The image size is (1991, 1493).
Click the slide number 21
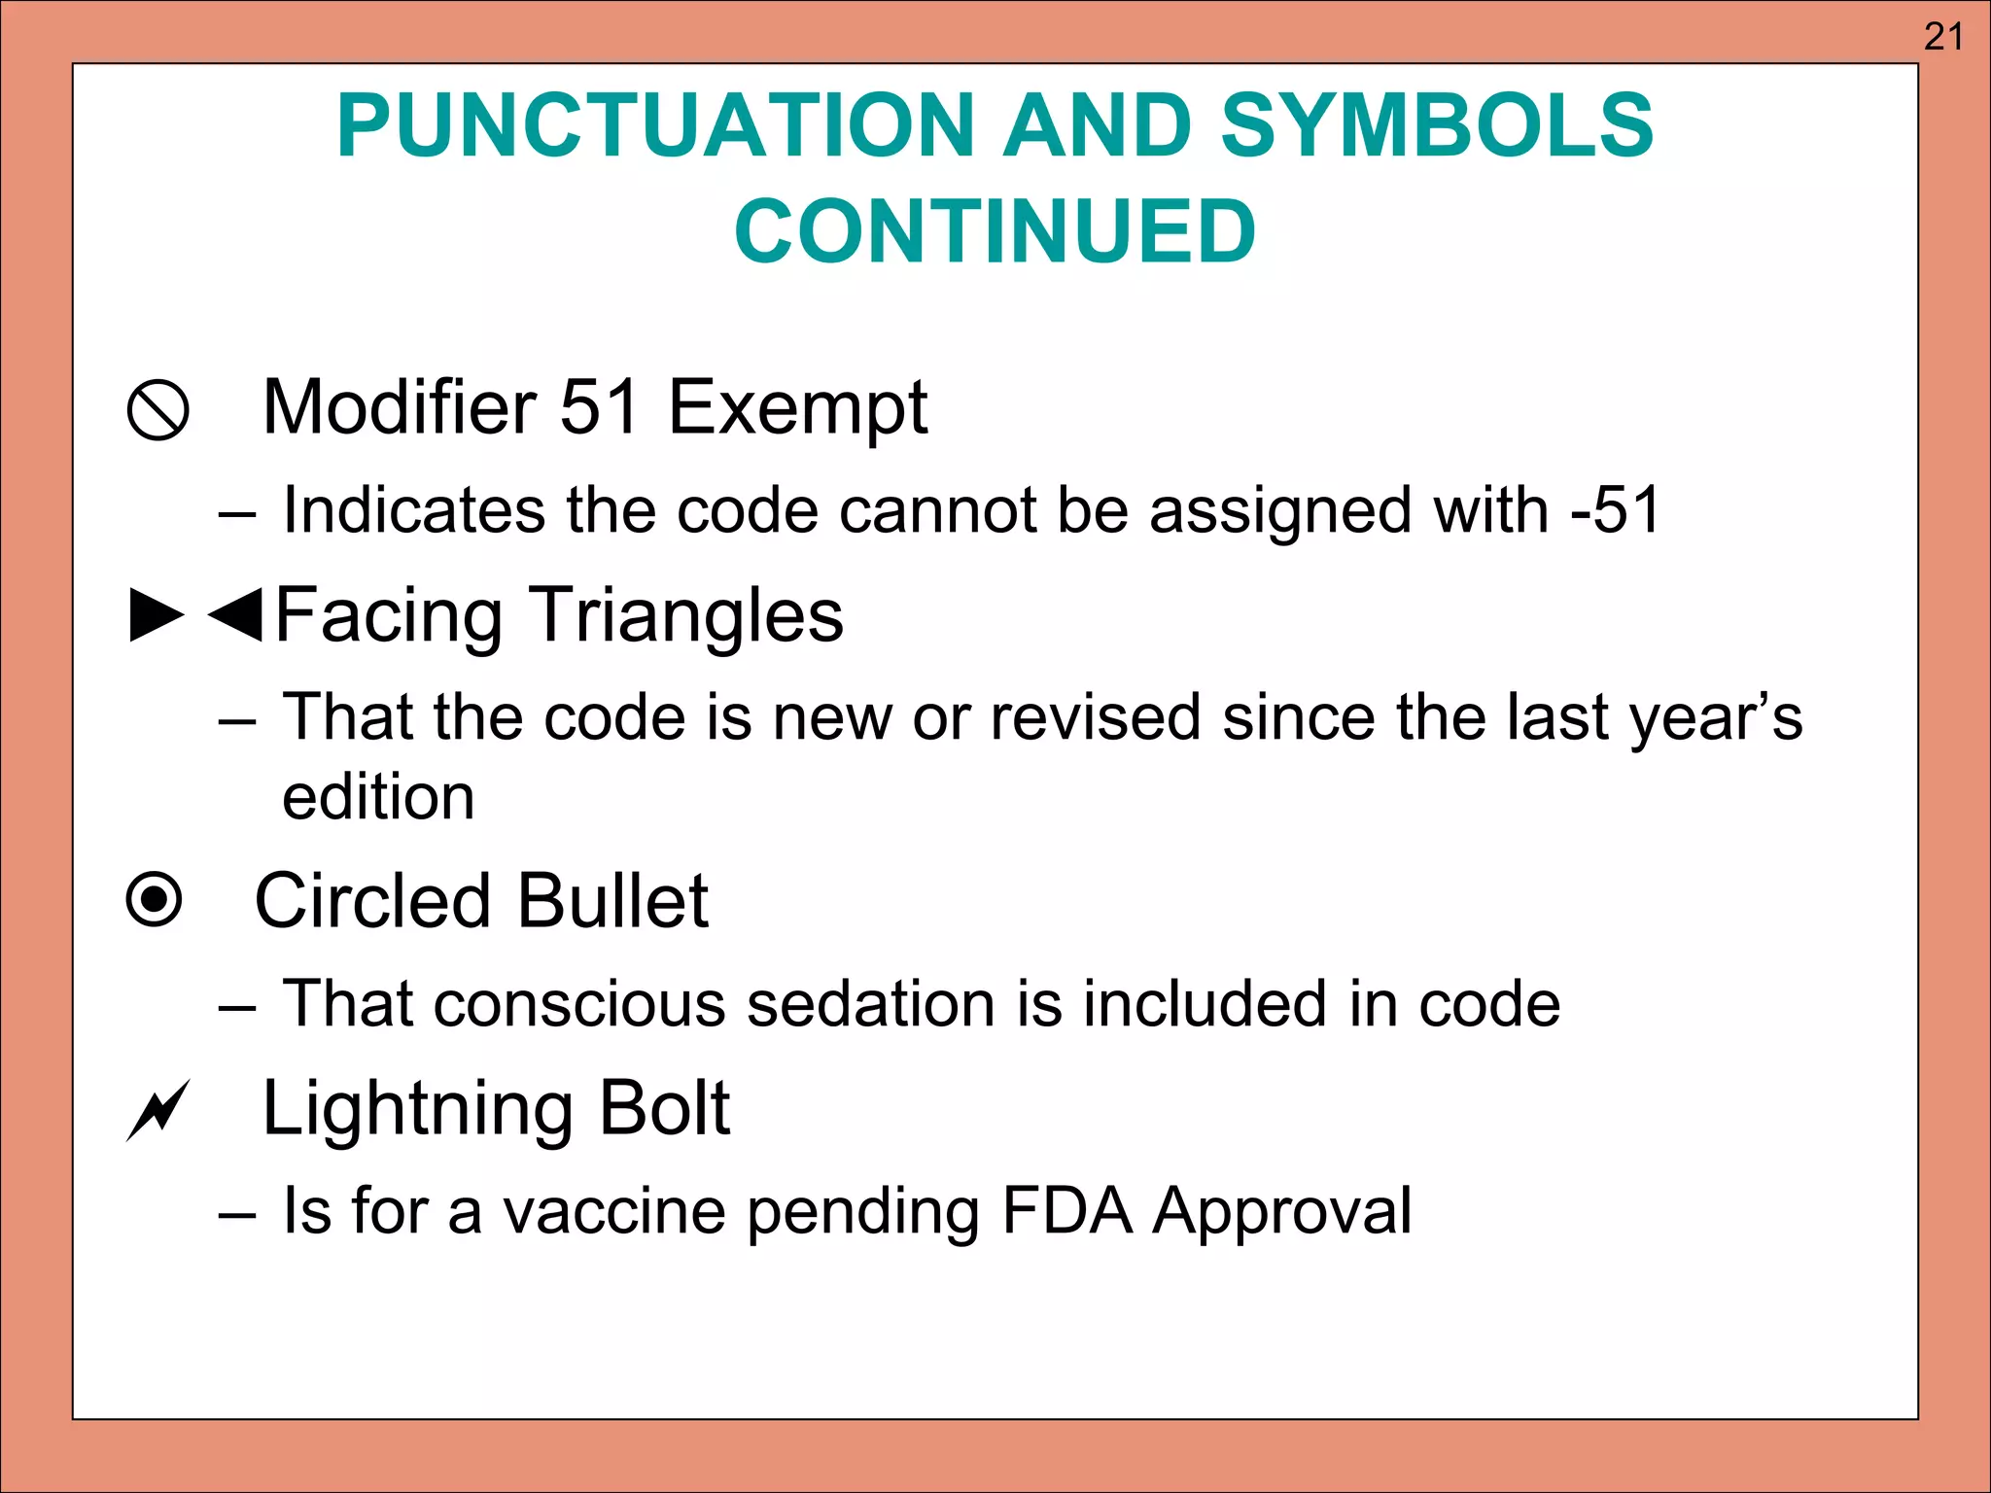(x=1943, y=37)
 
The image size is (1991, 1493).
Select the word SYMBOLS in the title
(x=1437, y=126)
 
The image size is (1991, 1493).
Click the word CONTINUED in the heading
(x=995, y=231)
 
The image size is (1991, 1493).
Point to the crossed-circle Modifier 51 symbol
(x=157, y=410)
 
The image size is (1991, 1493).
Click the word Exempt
(x=797, y=408)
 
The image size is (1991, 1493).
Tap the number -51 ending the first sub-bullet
(x=1615, y=509)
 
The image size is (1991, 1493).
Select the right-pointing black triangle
(x=157, y=614)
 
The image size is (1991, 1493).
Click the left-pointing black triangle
(x=236, y=614)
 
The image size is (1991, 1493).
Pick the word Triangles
(x=686, y=616)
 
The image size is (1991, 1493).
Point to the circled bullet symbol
(x=155, y=899)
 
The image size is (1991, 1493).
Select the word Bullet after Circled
(x=612, y=901)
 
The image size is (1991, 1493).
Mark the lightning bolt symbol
(x=157, y=1110)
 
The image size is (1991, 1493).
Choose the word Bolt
(x=664, y=1108)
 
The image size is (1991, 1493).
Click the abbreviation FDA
(x=1066, y=1211)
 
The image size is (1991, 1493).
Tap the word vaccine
(x=614, y=1211)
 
